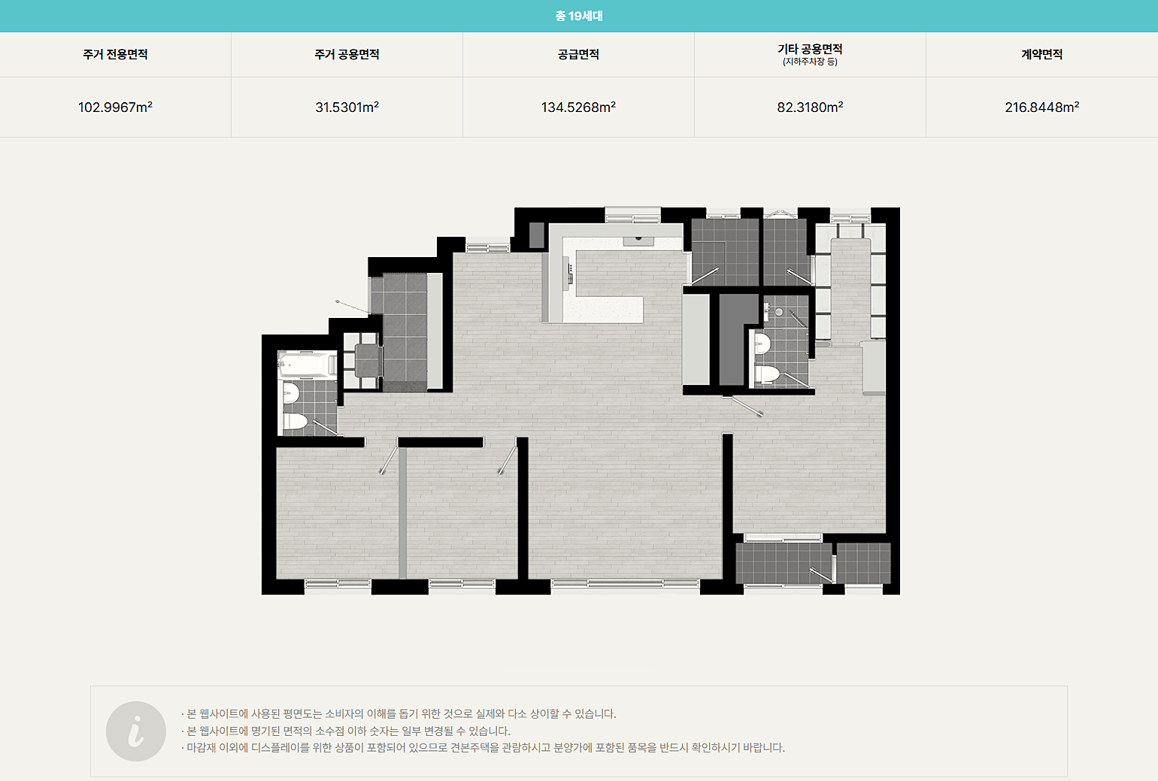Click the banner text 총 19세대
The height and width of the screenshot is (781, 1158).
point(579,16)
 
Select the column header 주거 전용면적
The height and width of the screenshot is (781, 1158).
point(115,54)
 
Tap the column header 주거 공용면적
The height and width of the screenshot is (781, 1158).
point(347,54)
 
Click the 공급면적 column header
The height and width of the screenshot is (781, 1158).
point(578,54)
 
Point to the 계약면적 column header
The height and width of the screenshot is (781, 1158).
point(1041,54)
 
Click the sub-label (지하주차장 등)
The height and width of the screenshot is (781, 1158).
point(810,62)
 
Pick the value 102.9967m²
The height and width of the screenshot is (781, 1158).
point(115,107)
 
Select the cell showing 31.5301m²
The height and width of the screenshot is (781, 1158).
point(347,107)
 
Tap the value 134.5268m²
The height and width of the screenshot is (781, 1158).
point(578,107)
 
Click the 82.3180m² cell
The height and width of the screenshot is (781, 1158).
point(810,107)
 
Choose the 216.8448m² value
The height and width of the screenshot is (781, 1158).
point(1041,107)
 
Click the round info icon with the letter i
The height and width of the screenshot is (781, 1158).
point(136,731)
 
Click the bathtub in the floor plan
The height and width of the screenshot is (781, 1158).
point(307,365)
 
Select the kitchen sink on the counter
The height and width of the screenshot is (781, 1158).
point(638,241)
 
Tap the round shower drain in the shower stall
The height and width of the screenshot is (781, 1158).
point(778,312)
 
